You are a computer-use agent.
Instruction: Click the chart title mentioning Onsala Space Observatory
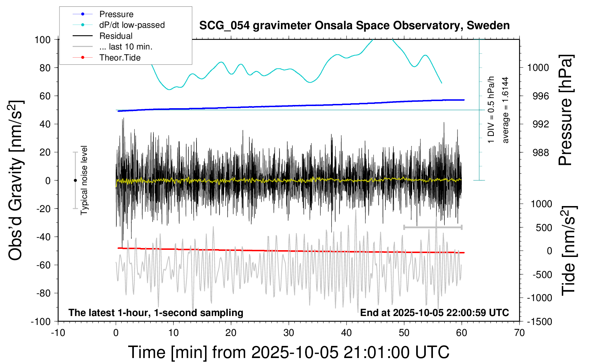[x=354, y=26]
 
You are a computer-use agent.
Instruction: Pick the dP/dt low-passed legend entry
[x=132, y=25]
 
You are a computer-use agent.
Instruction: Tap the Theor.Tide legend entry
[x=120, y=58]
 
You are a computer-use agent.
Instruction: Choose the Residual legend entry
[x=116, y=36]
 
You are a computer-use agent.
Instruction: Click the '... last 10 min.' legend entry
[x=126, y=47]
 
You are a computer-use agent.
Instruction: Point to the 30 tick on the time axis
[x=289, y=333]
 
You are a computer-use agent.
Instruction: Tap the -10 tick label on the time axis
[x=58, y=333]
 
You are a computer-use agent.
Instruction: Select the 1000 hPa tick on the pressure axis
[x=538, y=68]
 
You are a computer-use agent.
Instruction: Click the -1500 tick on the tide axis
[x=539, y=321]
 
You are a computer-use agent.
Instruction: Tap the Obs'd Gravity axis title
[x=16, y=180]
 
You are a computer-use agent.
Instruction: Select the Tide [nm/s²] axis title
[x=569, y=251]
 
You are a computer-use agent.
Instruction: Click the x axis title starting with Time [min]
[x=288, y=352]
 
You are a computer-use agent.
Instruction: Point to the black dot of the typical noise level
[x=75, y=180]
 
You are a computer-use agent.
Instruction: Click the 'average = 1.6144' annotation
[x=505, y=110]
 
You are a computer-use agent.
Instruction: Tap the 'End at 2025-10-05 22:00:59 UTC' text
[x=434, y=312]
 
